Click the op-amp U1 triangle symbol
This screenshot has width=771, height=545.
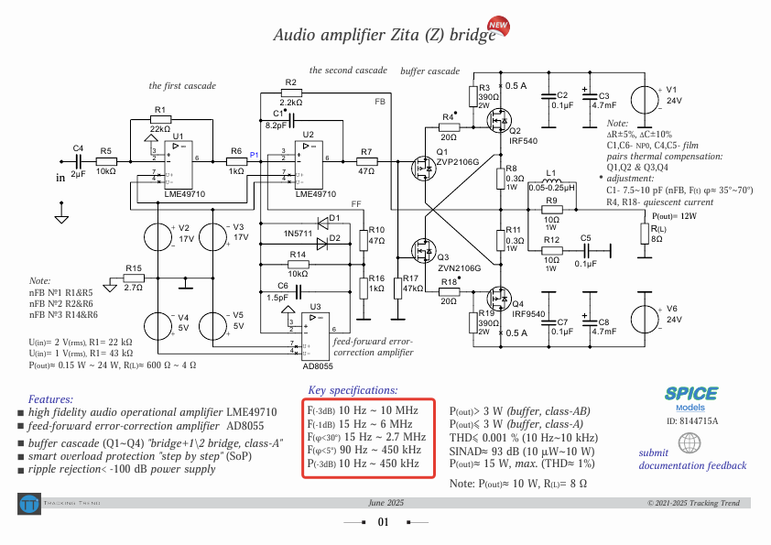pos(177,162)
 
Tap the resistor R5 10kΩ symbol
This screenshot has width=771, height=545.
pos(106,161)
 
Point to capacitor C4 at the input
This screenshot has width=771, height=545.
pos(77,161)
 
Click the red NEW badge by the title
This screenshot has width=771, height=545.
pos(498,27)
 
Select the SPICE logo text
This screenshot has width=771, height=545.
pos(691,393)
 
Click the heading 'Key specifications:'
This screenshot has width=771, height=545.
pos(353,390)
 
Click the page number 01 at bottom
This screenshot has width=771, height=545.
pos(384,522)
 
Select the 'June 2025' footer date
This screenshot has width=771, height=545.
pos(385,503)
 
